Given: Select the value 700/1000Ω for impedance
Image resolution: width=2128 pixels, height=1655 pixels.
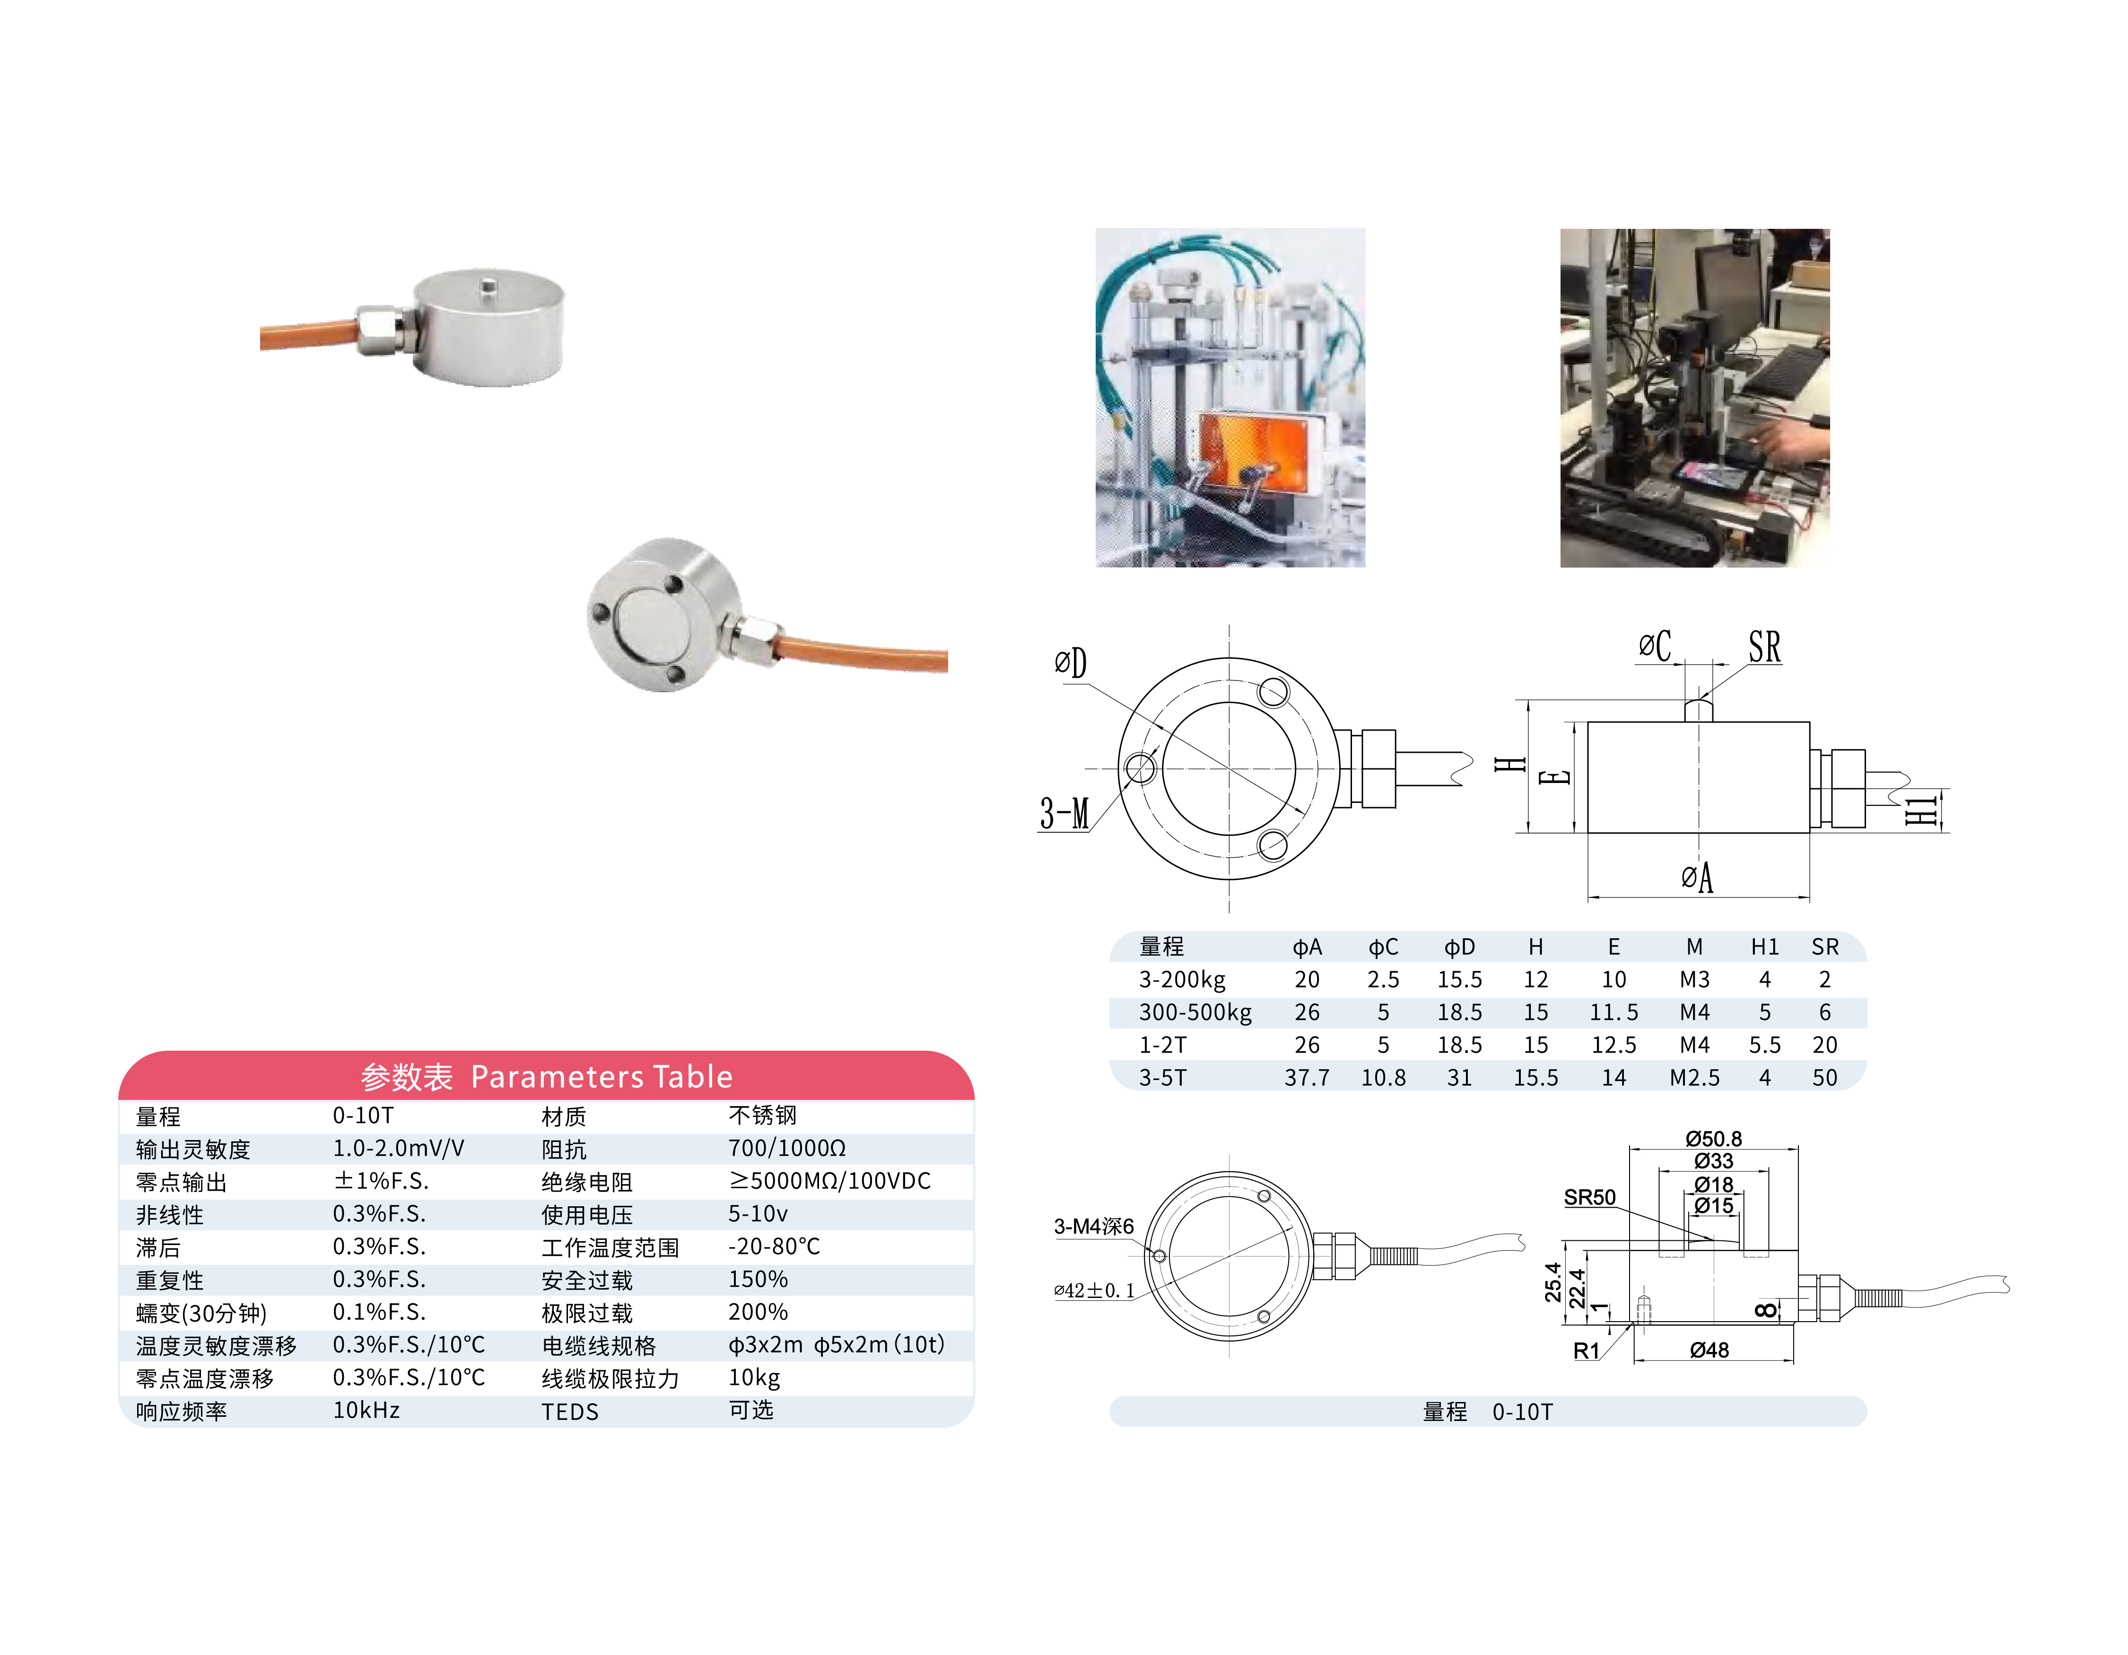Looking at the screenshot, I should point(786,1149).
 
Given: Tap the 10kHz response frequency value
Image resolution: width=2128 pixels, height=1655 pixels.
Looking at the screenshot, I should point(366,1411).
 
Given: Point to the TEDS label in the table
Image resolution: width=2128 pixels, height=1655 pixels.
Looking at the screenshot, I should point(570,1411).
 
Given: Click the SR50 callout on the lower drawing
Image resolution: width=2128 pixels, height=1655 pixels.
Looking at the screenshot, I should point(1589,1197).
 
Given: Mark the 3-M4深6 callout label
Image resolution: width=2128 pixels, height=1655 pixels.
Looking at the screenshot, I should point(1093,1227).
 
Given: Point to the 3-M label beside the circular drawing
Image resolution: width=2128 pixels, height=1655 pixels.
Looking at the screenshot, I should point(1064,812).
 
